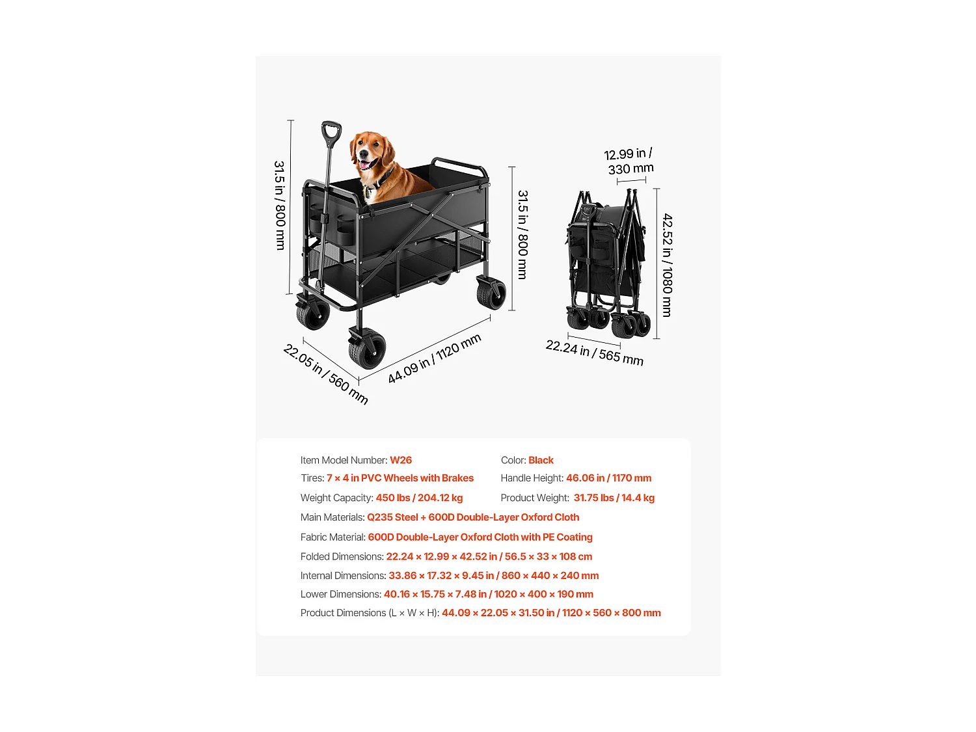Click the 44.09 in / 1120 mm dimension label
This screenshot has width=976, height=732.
(434, 359)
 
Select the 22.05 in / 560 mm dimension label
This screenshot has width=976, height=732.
(325, 374)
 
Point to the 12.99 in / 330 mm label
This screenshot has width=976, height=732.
(629, 161)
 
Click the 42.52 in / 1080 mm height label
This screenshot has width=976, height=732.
(667, 265)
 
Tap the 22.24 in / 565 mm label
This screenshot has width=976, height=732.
(594, 353)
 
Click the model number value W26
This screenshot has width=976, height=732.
(401, 460)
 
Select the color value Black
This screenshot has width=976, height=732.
(541, 460)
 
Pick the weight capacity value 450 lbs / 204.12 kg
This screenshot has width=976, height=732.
(419, 498)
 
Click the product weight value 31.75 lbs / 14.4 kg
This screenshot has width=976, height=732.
(614, 498)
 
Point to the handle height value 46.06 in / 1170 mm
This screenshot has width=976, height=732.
(608, 478)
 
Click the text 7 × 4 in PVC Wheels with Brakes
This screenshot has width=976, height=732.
(400, 478)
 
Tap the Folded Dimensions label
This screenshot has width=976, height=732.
(342, 556)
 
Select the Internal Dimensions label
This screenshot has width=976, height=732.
(343, 576)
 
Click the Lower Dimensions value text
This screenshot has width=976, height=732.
(489, 594)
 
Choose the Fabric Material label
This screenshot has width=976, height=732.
(332, 537)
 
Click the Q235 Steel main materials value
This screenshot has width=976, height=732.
(392, 517)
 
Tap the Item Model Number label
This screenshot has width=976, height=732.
(344, 460)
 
